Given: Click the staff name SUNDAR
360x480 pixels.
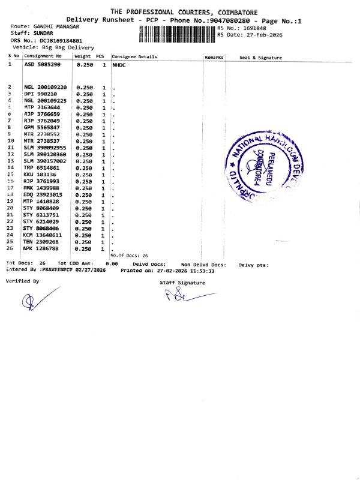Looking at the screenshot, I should click(44, 34).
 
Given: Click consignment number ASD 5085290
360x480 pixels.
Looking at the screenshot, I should click(42, 64).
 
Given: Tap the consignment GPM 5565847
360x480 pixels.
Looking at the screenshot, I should click(42, 127).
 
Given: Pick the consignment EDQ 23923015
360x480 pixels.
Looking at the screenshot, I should click(43, 194).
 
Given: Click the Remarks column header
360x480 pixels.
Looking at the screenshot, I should click(214, 57).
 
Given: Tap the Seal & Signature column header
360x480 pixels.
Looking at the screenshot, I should click(260, 57).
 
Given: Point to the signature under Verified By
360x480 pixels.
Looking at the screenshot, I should click(36, 301).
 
